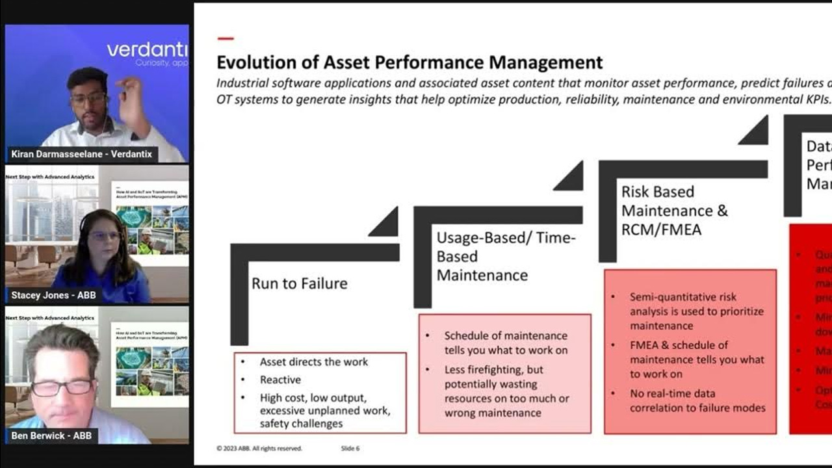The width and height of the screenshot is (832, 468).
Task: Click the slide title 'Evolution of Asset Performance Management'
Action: tap(409, 62)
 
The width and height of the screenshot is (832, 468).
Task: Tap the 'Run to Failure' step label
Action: tap(299, 283)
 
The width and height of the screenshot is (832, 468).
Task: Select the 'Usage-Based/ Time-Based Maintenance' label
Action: tap(505, 256)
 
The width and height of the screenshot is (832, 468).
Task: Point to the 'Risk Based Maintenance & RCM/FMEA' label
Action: tap(674, 211)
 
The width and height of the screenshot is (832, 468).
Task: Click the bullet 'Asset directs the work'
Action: tap(313, 362)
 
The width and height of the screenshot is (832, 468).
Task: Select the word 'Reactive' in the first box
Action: tap(280, 380)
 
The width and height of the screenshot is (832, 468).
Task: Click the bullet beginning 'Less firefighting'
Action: tap(506, 391)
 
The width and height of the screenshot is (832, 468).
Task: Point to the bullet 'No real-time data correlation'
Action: tap(697, 400)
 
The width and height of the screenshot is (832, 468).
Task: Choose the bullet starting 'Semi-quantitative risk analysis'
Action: tap(696, 311)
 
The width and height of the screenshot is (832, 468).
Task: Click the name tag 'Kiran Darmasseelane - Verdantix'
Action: tap(81, 154)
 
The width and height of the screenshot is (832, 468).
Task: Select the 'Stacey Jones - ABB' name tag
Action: tap(53, 295)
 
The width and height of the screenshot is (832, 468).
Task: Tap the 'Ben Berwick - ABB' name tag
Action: tap(51, 435)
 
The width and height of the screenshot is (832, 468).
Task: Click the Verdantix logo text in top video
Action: tap(147, 50)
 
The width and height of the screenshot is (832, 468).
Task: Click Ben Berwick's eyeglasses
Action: tap(62, 387)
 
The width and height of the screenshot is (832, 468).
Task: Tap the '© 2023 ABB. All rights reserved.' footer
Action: tap(259, 448)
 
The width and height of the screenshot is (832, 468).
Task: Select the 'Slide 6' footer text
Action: tap(350, 448)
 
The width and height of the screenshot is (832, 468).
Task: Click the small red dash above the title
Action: tap(225, 39)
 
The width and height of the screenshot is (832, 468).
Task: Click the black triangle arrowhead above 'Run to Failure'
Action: tap(385, 224)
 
